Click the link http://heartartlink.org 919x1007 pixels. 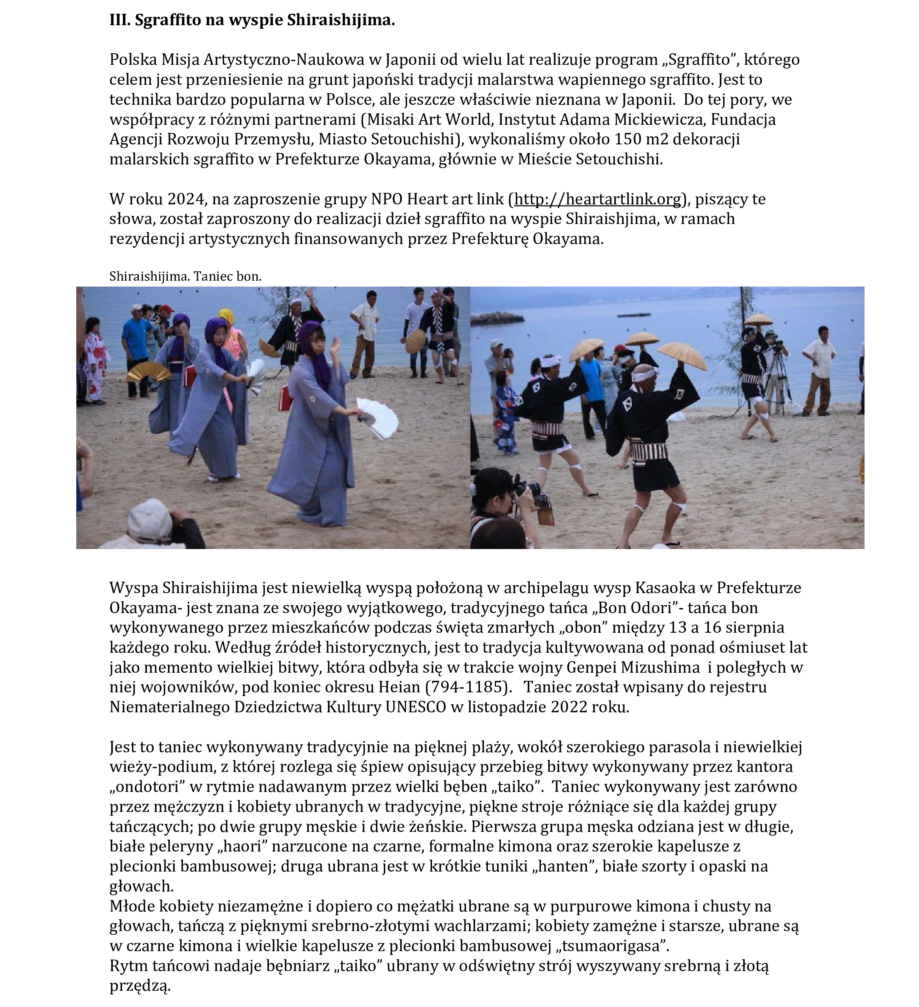(598, 199)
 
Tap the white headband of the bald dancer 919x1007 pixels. (645, 374)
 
